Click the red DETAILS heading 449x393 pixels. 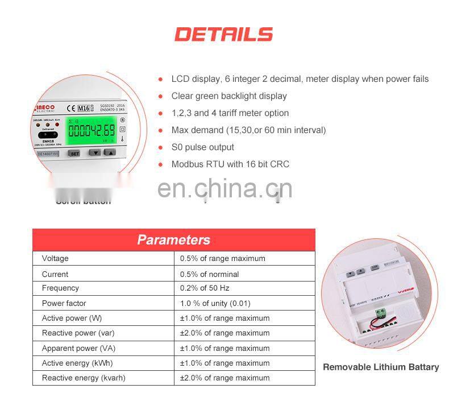point(224,34)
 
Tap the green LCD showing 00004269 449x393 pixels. point(90,130)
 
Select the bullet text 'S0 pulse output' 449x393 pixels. point(202,147)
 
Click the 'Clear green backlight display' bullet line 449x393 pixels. point(229,96)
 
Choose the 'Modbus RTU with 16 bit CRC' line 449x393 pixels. point(230,164)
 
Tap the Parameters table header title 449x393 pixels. point(173,240)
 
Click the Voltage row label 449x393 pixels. point(55,259)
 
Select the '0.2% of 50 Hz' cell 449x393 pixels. point(205,288)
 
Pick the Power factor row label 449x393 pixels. point(64,303)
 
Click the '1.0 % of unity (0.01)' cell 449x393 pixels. point(215,303)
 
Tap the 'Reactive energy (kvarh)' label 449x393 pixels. point(84,378)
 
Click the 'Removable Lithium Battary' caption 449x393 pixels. point(381,367)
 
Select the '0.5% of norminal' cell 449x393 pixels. point(209,274)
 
